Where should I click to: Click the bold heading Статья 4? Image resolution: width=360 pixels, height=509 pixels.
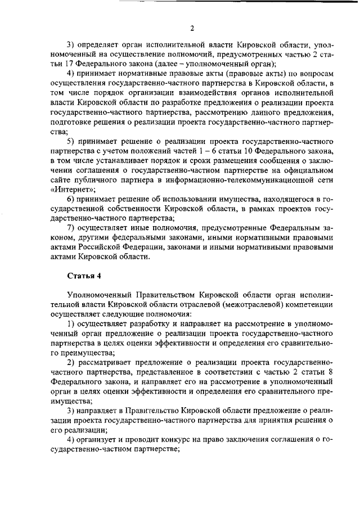(x=85, y=275)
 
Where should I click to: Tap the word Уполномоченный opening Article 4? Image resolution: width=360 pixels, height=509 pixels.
(x=98, y=295)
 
